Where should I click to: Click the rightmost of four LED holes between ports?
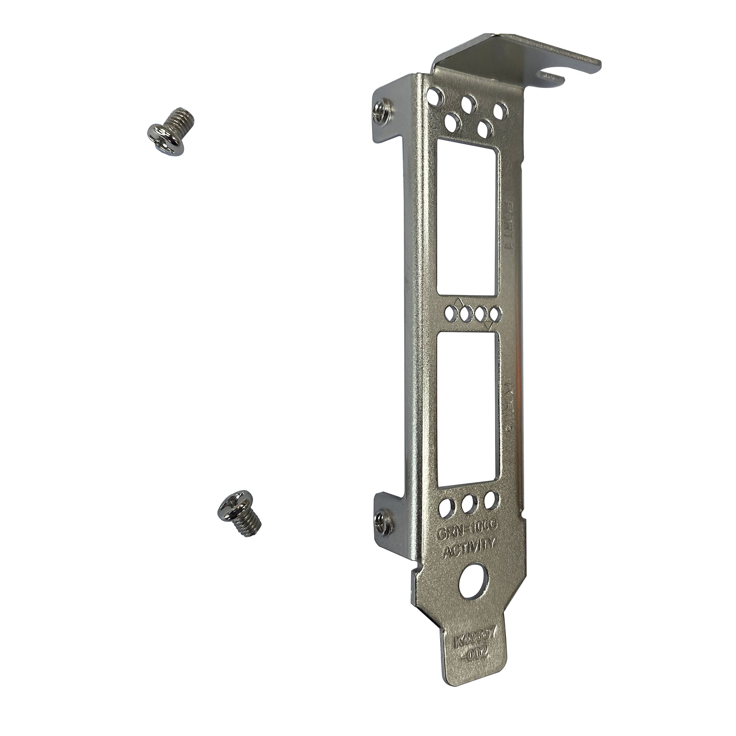tap(494, 315)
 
